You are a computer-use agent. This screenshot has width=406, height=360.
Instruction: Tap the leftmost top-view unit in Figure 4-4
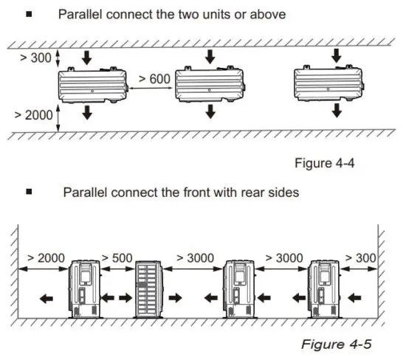click(89, 84)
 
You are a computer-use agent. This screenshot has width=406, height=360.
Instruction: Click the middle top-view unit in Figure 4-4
click(207, 84)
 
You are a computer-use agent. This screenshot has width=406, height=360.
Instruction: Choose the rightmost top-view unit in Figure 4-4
click(329, 83)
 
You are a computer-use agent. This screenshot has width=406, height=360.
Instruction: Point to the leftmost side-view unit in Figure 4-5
click(83, 288)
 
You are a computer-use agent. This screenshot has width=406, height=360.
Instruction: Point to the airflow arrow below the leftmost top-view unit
click(87, 112)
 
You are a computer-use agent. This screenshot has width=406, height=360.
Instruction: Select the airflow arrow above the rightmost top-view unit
click(336, 54)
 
